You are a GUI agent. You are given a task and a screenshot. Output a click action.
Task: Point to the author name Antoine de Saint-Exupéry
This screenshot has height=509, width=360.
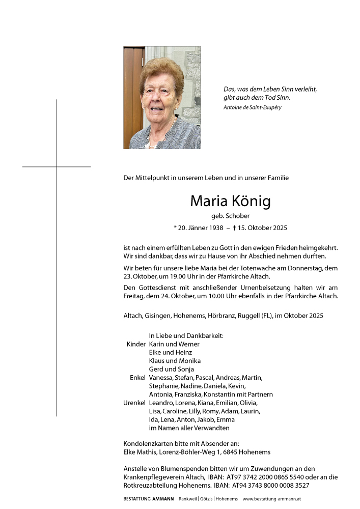pyautogui.click(x=252, y=107)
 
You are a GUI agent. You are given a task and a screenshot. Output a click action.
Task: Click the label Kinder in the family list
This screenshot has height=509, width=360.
pyautogui.click(x=136, y=344)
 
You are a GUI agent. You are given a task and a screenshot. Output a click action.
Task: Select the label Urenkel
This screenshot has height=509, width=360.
pyautogui.click(x=134, y=403)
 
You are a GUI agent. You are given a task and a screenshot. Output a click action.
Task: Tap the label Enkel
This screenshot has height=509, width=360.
pyautogui.click(x=137, y=378)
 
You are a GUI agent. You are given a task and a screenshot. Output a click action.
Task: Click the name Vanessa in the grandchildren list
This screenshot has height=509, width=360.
pyautogui.click(x=160, y=378)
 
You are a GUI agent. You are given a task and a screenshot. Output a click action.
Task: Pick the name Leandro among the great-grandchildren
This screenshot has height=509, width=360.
pyautogui.click(x=161, y=403)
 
